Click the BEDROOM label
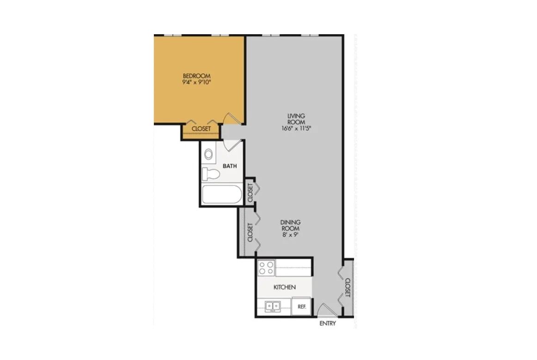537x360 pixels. point(196,76)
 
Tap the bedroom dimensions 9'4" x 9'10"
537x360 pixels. point(196,82)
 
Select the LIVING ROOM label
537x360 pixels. point(296,119)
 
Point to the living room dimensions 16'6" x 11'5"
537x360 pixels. point(296,129)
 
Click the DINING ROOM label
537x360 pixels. point(290,225)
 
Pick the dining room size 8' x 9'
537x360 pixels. point(290,235)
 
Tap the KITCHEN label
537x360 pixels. point(285,287)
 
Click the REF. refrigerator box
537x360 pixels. point(301,306)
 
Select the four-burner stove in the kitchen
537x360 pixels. point(267,268)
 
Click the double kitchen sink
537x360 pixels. point(273,306)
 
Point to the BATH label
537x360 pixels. point(230,166)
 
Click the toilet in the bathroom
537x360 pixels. point(210,174)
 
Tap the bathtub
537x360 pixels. point(222,195)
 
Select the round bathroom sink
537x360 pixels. point(208,154)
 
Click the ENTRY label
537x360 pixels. point(328,323)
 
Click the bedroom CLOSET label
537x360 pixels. point(201,129)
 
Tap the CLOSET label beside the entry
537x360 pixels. point(348,287)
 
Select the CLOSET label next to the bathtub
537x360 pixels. point(250,193)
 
